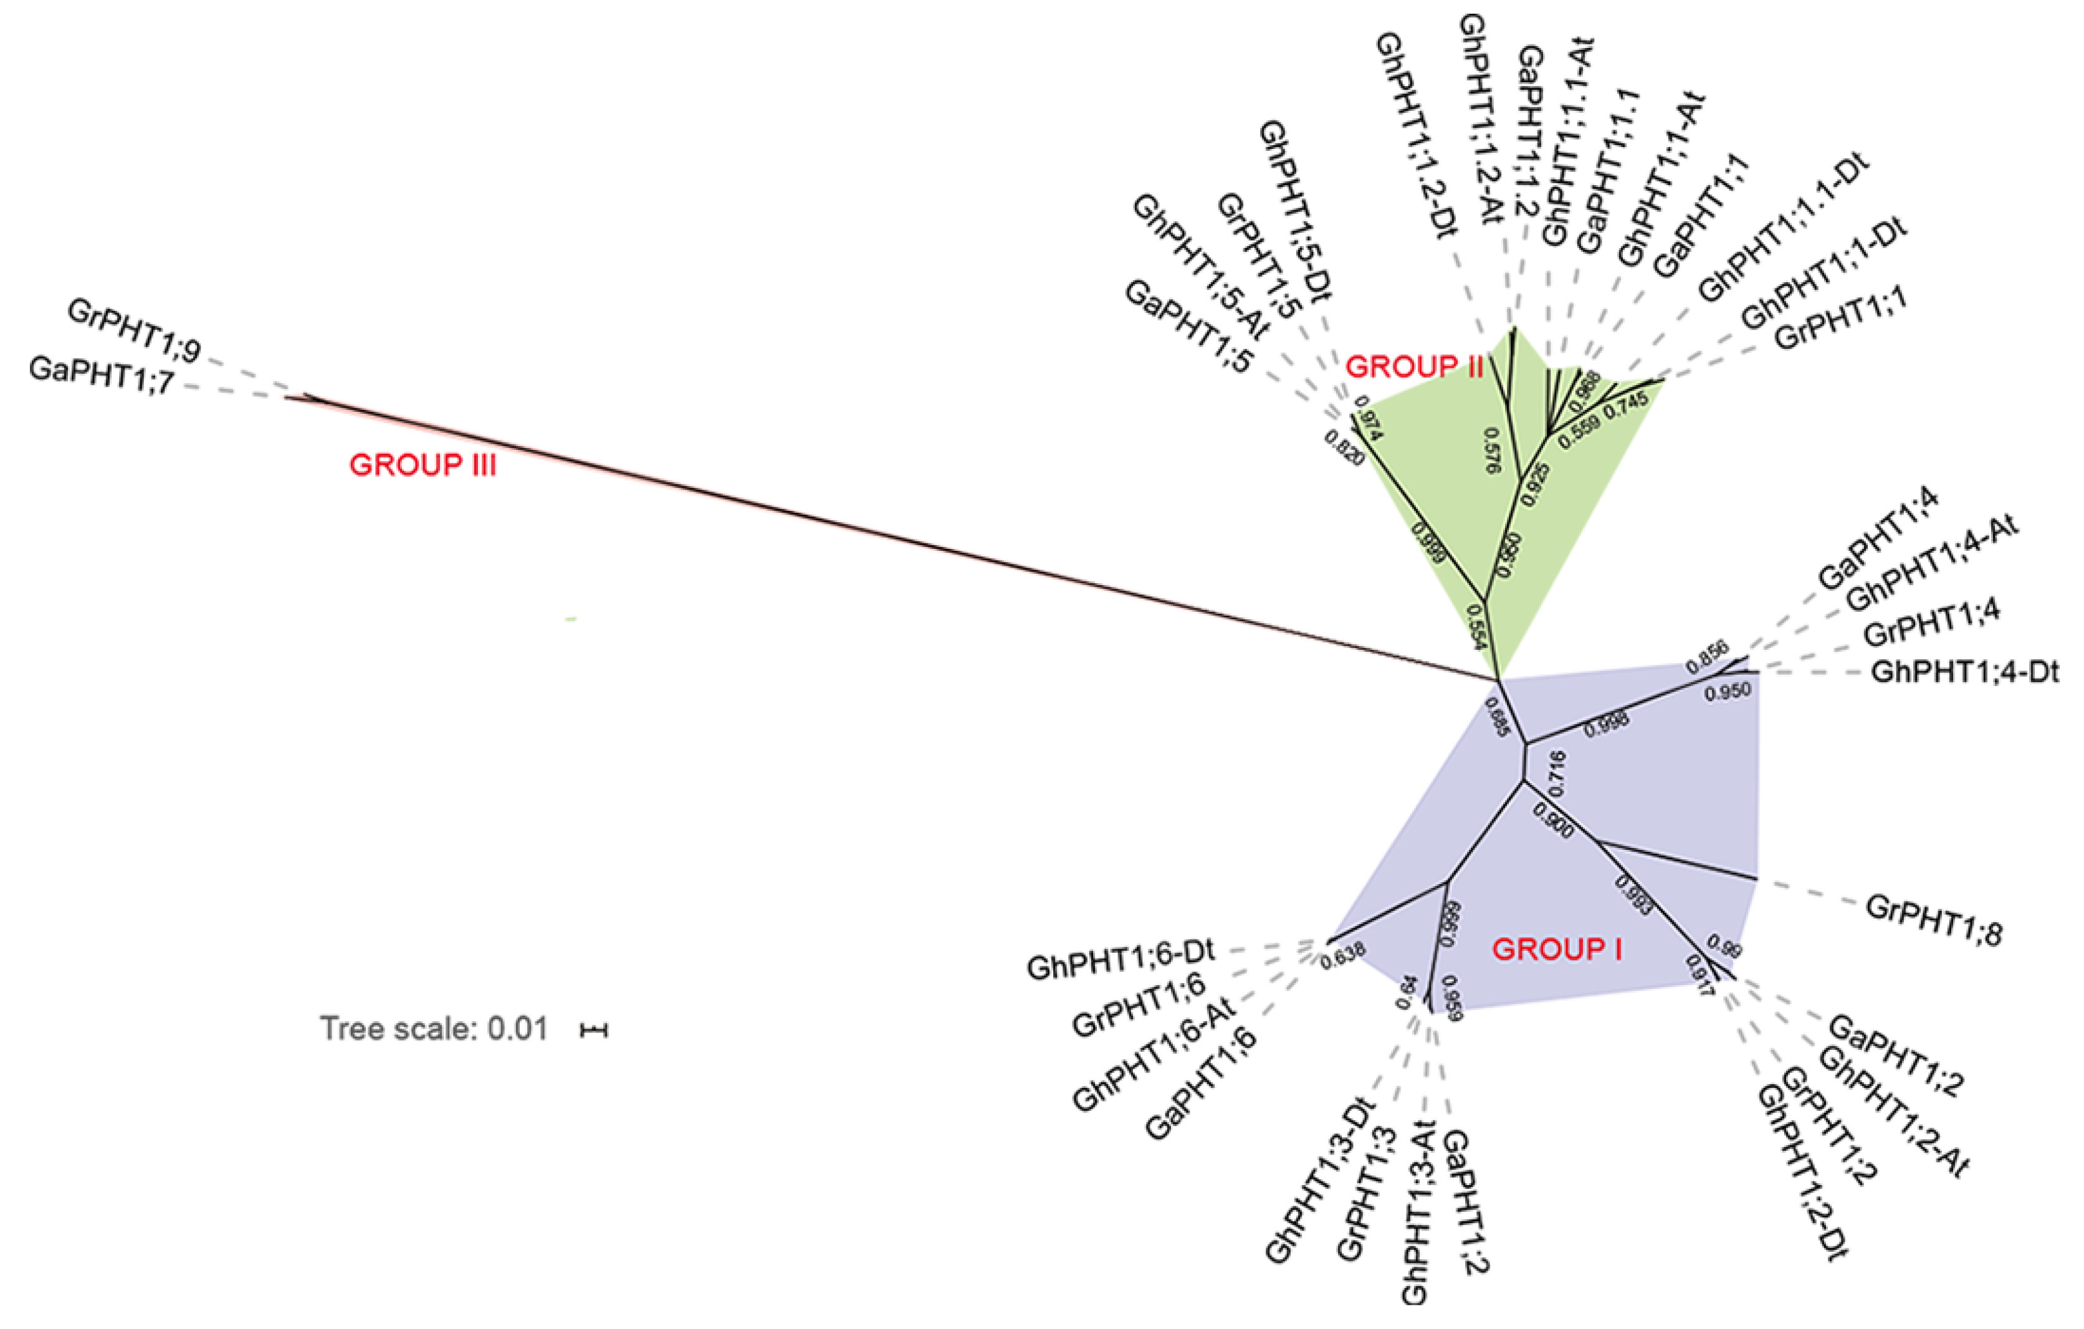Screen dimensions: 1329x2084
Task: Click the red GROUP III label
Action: click(x=423, y=465)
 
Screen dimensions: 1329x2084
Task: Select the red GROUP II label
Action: click(x=1414, y=367)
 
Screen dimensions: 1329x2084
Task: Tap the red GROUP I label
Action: click(x=1557, y=950)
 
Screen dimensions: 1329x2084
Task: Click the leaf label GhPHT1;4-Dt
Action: click(x=1964, y=672)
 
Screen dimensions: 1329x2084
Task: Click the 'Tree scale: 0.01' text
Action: click(x=434, y=1029)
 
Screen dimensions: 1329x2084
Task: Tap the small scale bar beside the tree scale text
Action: click(x=595, y=1030)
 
